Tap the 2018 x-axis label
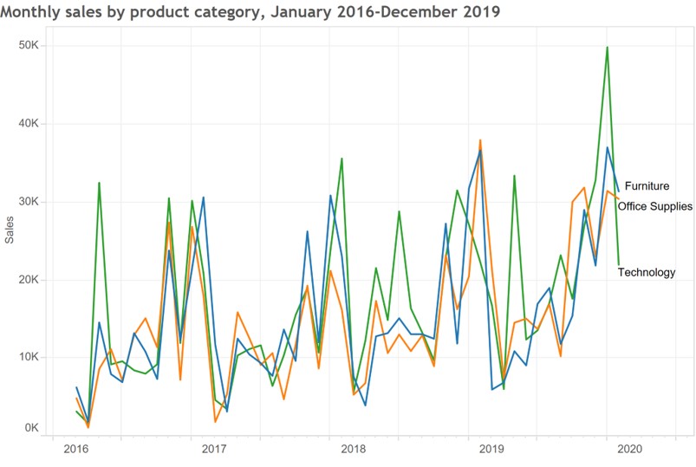tap(353, 449)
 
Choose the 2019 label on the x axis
tap(491, 449)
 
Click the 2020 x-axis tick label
tap(630, 449)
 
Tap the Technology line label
tap(646, 272)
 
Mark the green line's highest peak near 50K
tap(607, 47)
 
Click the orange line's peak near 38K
tap(480, 139)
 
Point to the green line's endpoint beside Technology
tap(619, 264)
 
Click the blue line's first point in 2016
tap(76, 387)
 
